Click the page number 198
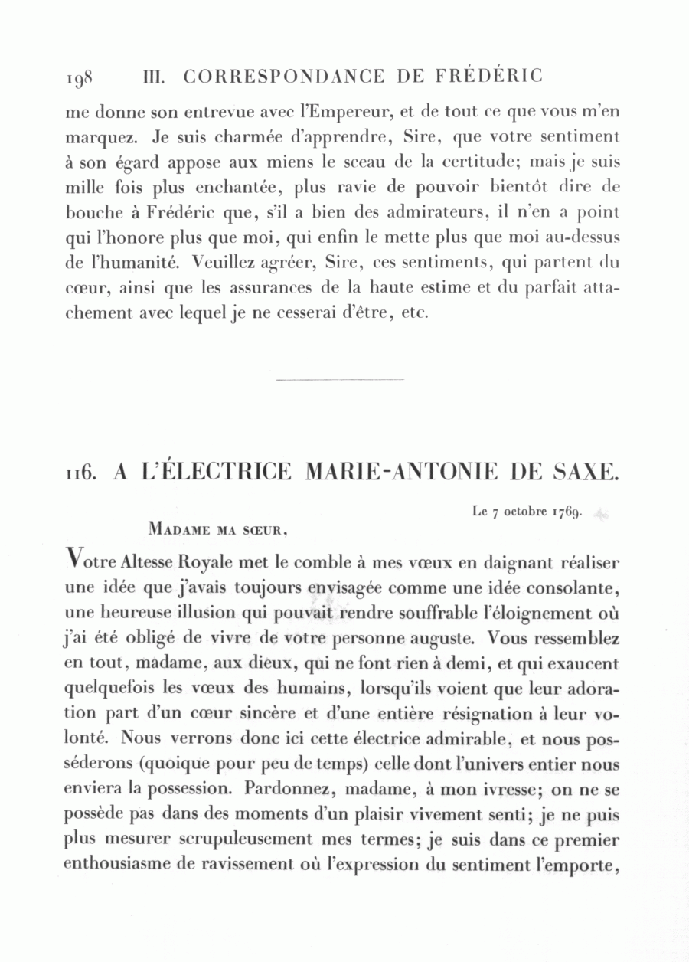(79, 78)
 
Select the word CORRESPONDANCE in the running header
(285, 77)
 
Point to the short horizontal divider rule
(339, 378)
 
